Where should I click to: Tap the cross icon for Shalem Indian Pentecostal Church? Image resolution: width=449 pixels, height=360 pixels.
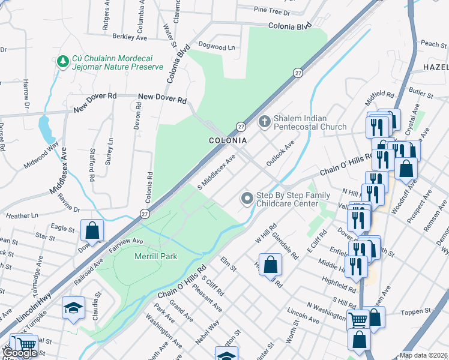tap(264, 122)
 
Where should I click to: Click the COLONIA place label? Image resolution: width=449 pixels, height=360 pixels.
tap(228, 140)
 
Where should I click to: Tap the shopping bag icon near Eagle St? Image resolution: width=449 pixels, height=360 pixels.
tap(92, 229)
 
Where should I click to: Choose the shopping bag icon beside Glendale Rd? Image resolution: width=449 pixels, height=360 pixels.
tap(271, 264)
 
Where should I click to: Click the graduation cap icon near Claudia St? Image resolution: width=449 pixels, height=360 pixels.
tap(73, 308)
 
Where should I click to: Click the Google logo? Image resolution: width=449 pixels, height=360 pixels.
tap(20, 353)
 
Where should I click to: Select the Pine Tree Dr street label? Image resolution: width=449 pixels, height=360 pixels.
tap(271, 11)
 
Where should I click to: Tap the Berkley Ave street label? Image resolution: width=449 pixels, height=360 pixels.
tap(125, 37)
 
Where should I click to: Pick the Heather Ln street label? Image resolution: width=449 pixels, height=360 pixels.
tap(22, 215)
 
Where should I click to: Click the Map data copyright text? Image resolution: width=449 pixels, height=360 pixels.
tap(424, 355)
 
